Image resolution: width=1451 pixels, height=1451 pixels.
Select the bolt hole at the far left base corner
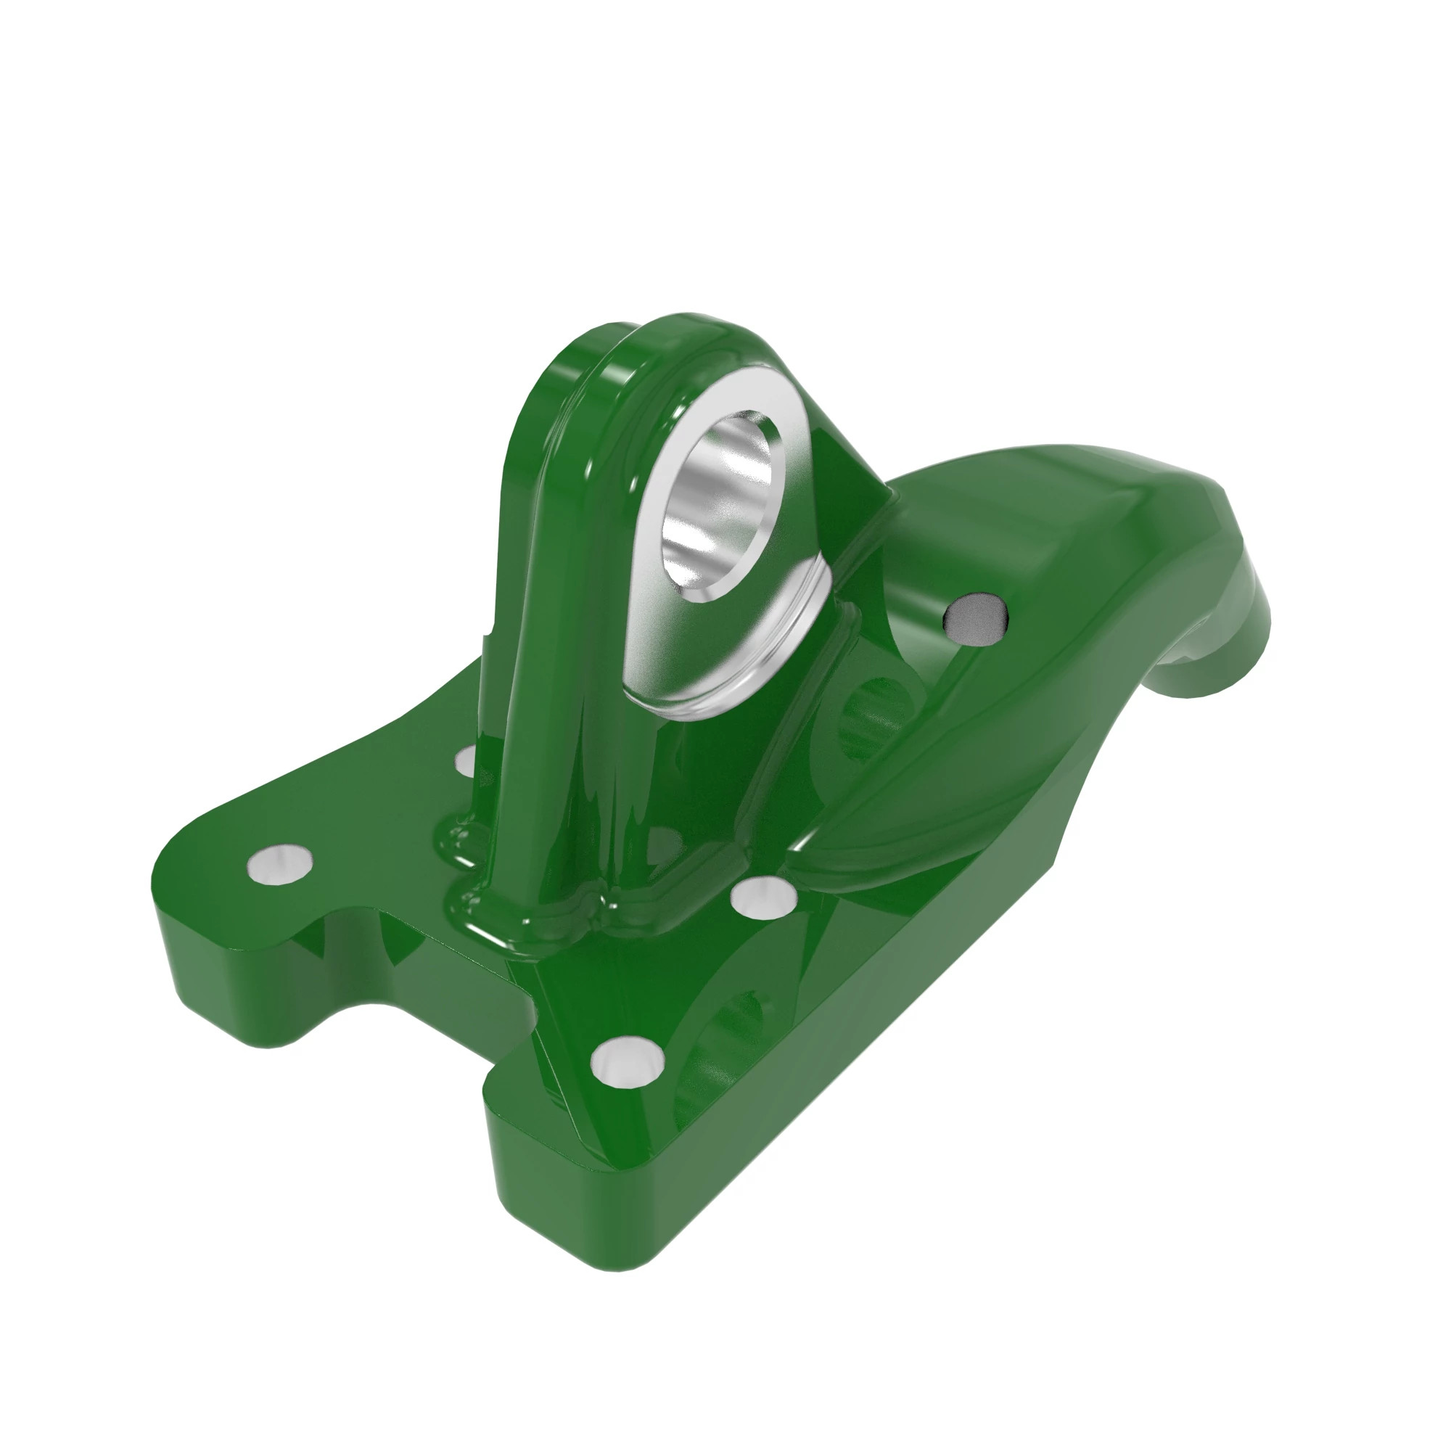[x=279, y=866]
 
